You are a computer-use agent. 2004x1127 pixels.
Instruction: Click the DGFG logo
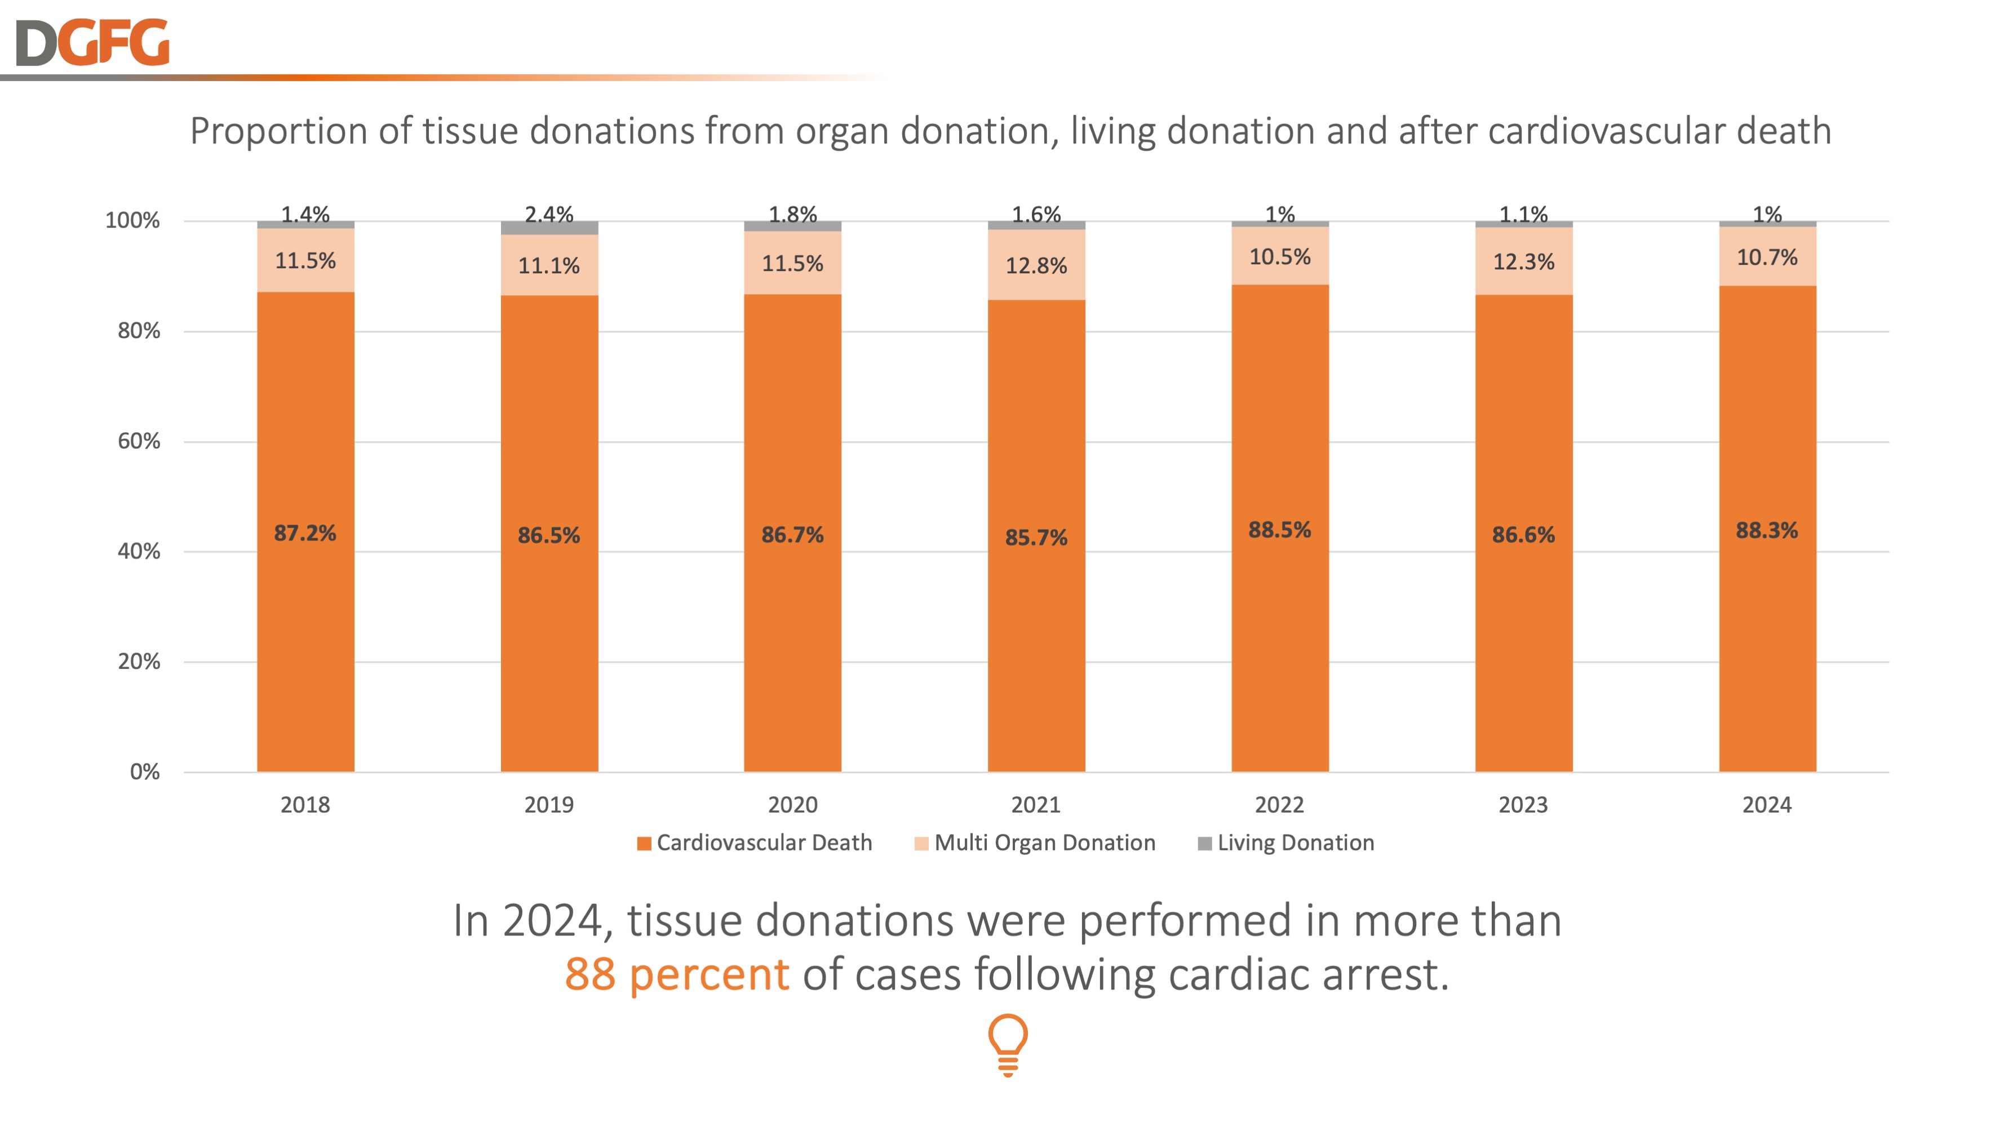coord(92,43)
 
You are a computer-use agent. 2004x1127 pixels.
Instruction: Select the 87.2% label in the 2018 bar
coord(305,534)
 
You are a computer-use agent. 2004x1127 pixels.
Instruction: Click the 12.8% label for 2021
coord(1036,266)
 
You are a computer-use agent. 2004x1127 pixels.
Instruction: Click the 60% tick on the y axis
coord(139,441)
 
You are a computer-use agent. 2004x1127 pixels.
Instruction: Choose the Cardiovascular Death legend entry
coord(754,843)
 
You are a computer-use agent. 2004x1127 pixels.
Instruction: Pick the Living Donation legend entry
coord(1286,843)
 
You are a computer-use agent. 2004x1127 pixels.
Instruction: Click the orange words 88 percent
coord(676,974)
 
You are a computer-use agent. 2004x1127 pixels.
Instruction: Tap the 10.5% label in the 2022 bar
coord(1280,256)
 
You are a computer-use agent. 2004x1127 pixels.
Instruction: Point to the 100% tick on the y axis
coord(132,221)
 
